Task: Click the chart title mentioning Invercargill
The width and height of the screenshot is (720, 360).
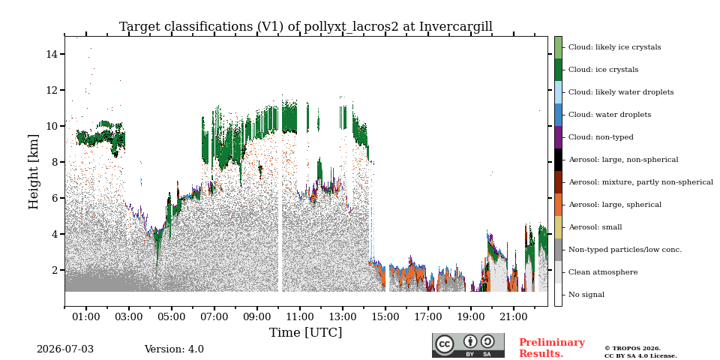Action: pos(306,27)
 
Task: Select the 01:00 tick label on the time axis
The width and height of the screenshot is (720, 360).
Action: pos(85,316)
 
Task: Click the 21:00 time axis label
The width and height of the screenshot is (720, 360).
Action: pos(513,316)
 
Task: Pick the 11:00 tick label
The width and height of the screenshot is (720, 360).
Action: pos(300,316)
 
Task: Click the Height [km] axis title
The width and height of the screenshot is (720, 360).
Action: pos(34,172)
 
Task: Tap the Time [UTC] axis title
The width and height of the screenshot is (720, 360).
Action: pos(306,332)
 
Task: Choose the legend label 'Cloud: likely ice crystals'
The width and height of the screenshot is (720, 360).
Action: pos(615,47)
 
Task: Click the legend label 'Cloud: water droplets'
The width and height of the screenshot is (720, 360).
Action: pos(610,115)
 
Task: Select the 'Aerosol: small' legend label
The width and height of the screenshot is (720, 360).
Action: pos(595,227)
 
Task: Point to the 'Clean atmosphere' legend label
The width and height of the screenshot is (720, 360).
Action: pos(603,272)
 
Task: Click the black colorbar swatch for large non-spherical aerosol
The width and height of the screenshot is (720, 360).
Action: pos(558,160)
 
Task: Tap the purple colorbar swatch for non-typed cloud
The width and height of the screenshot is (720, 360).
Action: pos(558,137)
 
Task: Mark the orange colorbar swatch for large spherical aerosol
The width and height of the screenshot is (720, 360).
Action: pos(558,205)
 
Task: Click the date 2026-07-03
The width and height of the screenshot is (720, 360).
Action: pos(65,349)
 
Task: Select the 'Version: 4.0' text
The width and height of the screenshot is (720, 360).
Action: pos(174,349)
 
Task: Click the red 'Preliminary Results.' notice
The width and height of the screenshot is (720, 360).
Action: pos(552,348)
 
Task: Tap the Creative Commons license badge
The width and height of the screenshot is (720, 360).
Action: pos(468,345)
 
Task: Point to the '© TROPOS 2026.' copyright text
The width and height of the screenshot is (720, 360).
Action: pos(632,349)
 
